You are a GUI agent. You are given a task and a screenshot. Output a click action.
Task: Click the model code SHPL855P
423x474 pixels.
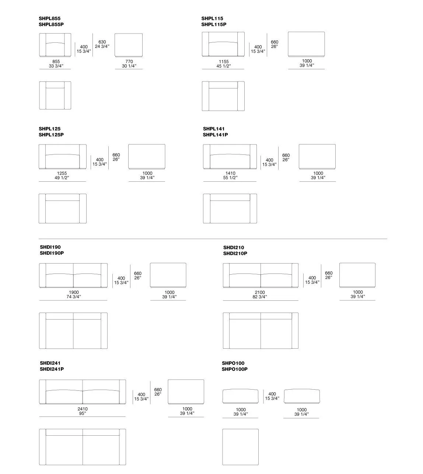51,24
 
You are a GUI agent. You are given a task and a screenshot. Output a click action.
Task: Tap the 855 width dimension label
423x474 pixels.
56,62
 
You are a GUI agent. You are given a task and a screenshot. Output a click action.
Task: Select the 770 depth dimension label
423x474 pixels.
129,62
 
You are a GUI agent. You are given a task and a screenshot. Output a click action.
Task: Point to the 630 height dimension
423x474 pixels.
102,42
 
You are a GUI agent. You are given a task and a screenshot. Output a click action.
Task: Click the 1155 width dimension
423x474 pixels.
224,62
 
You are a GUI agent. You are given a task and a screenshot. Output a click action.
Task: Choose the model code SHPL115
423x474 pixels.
212,18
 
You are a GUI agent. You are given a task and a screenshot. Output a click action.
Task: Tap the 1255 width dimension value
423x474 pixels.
62,173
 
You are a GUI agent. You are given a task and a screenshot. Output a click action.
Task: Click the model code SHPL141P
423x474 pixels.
215,135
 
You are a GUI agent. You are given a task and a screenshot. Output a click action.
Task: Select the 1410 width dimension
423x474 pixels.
230,173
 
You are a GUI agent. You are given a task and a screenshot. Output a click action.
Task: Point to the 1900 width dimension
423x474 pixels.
74,292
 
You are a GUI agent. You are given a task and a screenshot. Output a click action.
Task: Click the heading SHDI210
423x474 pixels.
234,248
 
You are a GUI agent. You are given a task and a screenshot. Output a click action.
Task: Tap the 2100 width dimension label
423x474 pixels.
260,292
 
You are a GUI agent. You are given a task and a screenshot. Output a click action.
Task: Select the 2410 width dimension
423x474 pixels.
83,409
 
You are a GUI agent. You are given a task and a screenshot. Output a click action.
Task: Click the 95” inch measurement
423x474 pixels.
83,414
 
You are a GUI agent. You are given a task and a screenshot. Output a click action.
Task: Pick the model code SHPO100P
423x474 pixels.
235,369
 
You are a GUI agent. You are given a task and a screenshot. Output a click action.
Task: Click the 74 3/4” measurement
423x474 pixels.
74,297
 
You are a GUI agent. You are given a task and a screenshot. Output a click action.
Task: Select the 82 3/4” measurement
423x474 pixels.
260,297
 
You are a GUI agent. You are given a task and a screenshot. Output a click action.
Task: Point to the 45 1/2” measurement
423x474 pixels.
224,66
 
